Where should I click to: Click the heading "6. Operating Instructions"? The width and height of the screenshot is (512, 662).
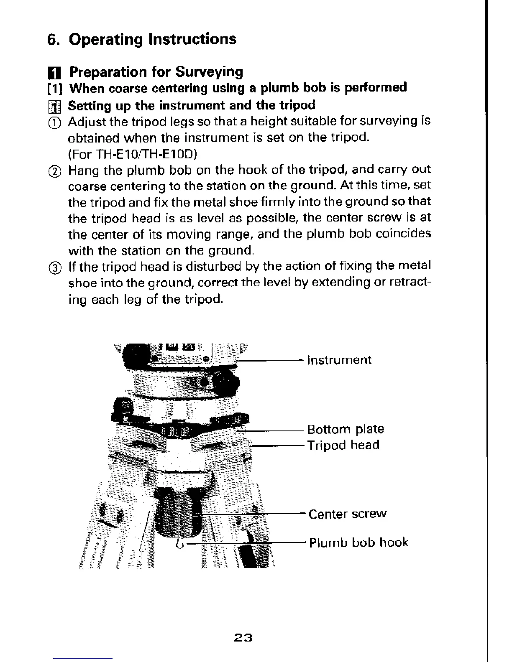pyautogui.click(x=141, y=39)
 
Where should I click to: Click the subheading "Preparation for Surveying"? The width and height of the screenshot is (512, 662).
pyautogui.click(x=156, y=72)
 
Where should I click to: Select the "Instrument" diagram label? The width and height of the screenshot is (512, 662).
pyautogui.click(x=339, y=360)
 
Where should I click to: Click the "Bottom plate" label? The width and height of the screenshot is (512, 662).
pyautogui.click(x=346, y=429)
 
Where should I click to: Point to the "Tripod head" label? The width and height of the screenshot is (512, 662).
pyautogui.click(x=343, y=445)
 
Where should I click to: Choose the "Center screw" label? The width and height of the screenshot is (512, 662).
pyautogui.click(x=348, y=514)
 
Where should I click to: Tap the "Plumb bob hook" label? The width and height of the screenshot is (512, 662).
pyautogui.click(x=358, y=542)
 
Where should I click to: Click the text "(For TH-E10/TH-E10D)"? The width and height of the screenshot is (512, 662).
pyautogui.click(x=132, y=154)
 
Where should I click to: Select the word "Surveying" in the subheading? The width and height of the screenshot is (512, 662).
pyautogui.click(x=209, y=72)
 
